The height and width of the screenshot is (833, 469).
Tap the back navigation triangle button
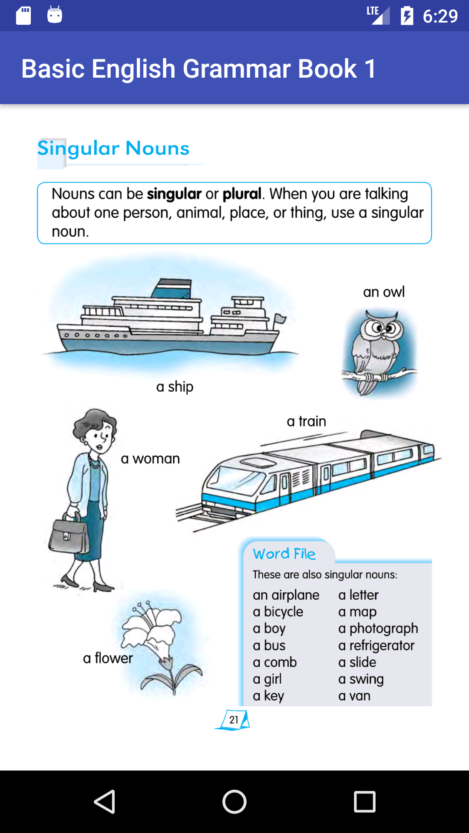105,801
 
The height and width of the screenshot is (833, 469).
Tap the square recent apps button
364,801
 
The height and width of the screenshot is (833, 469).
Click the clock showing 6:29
440,16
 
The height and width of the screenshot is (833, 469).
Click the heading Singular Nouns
113,149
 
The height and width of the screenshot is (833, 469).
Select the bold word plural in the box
242,194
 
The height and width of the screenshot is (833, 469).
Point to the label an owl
383,292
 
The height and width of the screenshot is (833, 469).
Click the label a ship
175,387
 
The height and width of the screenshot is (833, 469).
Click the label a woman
150,459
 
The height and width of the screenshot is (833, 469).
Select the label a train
306,421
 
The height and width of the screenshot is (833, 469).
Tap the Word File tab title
284,554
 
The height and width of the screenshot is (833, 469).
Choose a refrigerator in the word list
376,646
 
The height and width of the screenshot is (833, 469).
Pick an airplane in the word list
286,595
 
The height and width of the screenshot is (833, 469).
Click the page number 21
234,720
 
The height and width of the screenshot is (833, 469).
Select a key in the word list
268,696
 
